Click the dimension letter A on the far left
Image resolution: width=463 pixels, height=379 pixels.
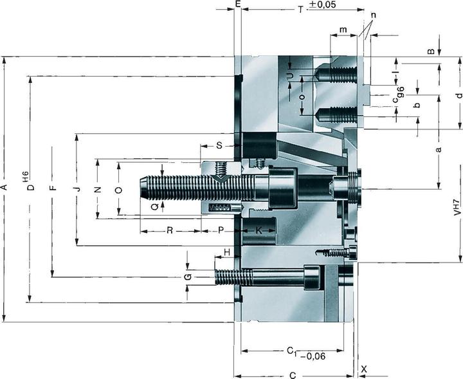[5, 188]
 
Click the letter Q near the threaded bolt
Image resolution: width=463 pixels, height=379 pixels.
[154, 207]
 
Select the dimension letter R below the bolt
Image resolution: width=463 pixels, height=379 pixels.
[170, 230]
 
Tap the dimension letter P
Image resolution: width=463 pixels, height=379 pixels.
[220, 230]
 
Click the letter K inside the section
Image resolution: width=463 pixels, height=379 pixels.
[259, 230]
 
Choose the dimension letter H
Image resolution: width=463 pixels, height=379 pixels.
[226, 252]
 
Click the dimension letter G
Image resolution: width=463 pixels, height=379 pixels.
[187, 276]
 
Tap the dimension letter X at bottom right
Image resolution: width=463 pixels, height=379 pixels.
[364, 369]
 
